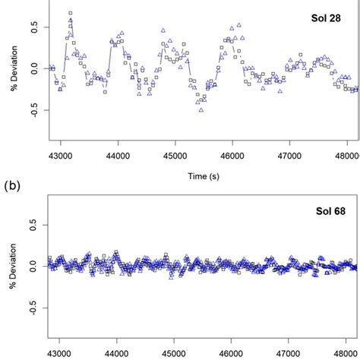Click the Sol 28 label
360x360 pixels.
(329, 17)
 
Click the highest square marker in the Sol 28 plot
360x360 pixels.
(70, 14)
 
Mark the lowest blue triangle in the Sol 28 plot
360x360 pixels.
(201, 110)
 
